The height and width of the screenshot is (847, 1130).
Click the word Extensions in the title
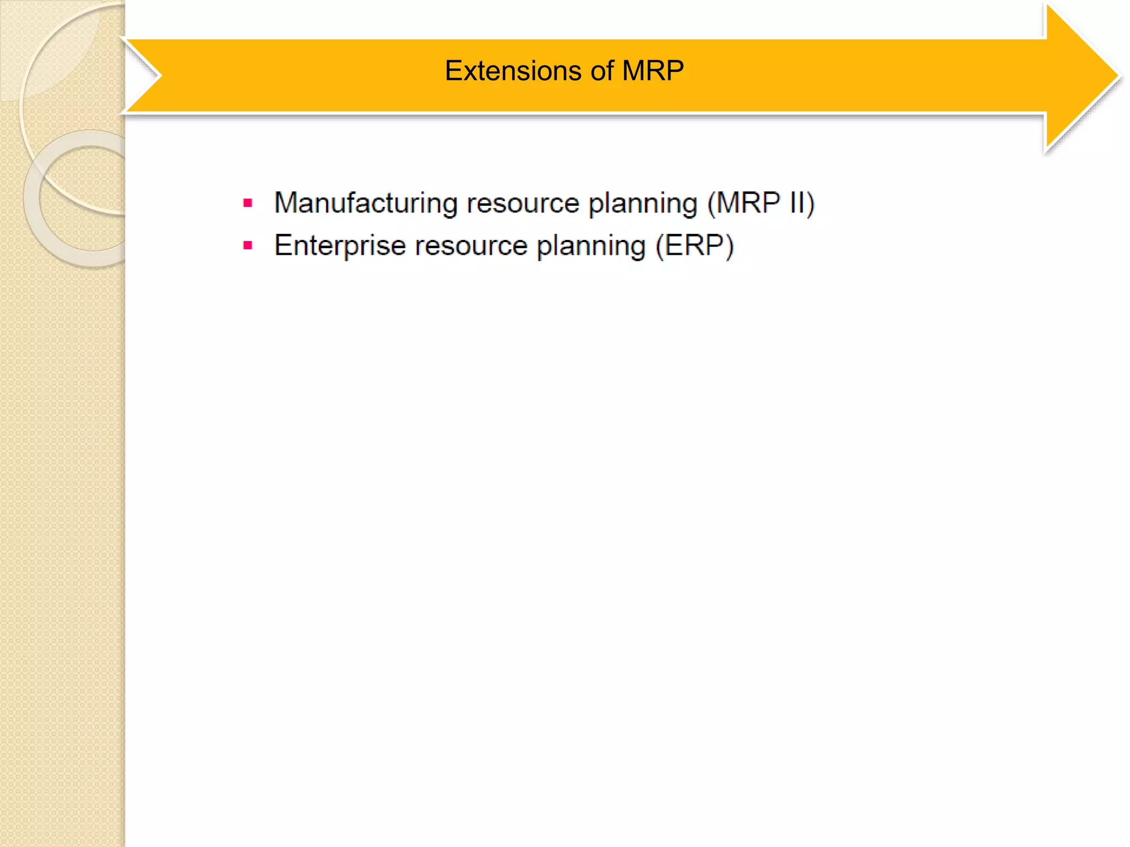tap(513, 71)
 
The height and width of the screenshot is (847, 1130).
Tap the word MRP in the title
tap(653, 71)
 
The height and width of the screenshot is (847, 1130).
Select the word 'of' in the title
tap(602, 71)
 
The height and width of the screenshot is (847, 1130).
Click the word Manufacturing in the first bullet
tap(365, 203)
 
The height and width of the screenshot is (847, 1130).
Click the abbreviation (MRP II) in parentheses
tap(760, 203)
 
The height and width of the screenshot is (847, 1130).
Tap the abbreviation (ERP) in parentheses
tap(695, 246)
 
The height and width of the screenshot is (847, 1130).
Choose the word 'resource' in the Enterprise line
tap(471, 246)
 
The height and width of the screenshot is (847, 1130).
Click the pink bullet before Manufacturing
tap(248, 203)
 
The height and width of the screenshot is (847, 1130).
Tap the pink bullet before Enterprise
tap(248, 246)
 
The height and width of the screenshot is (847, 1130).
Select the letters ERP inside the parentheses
tap(695, 246)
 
